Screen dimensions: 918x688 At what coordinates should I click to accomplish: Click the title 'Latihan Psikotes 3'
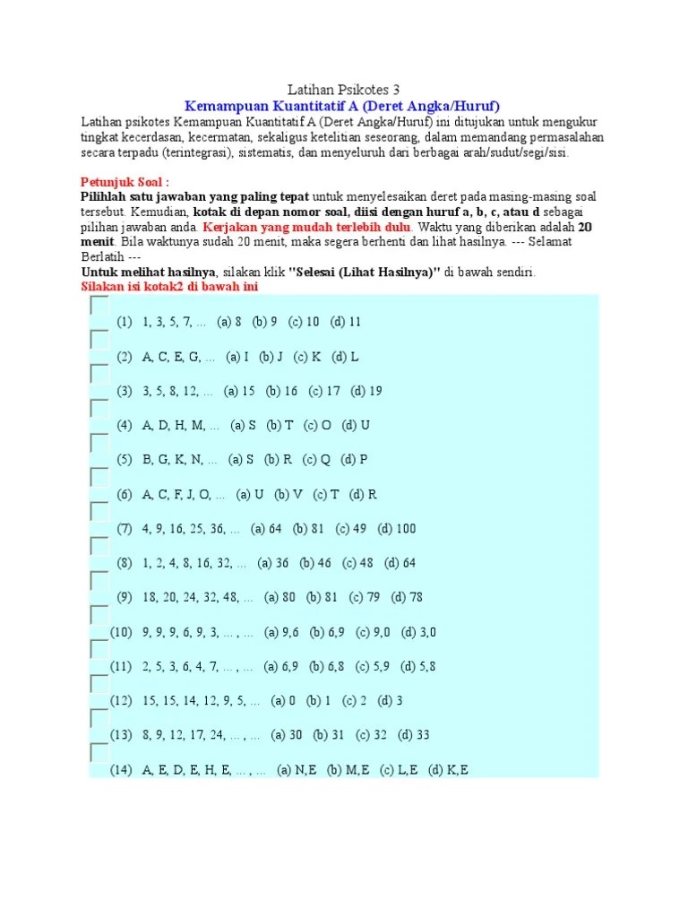point(343,90)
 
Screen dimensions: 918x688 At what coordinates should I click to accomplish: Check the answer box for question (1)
point(99,306)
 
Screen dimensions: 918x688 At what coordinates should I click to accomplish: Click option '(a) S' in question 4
point(244,425)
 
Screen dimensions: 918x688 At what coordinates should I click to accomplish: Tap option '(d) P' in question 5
point(354,460)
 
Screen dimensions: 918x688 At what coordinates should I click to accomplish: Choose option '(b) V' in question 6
point(288,494)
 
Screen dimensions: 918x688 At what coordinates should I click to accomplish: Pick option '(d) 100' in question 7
point(397,529)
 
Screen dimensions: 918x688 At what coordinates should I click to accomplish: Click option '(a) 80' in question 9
point(279,598)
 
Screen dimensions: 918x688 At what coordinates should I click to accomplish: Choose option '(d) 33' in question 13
point(414,735)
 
